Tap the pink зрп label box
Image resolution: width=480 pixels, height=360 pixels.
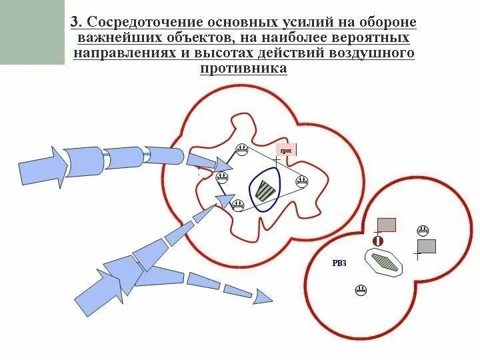click(286, 150)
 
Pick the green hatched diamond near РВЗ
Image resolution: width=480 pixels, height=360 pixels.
click(385, 261)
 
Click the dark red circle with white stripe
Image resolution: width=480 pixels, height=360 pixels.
click(377, 240)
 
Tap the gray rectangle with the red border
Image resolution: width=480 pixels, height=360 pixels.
click(387, 224)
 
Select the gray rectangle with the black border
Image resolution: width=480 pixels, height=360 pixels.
click(426, 246)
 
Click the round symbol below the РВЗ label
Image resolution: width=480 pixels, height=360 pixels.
click(361, 290)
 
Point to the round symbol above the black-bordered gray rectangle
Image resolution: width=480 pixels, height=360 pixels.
click(422, 231)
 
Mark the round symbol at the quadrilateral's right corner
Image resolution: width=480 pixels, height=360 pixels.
click(302, 180)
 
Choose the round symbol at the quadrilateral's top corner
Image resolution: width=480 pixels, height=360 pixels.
click(242, 151)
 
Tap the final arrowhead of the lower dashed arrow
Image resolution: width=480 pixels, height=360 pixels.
click(263, 297)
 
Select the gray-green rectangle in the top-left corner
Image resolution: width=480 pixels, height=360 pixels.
click(32, 32)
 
